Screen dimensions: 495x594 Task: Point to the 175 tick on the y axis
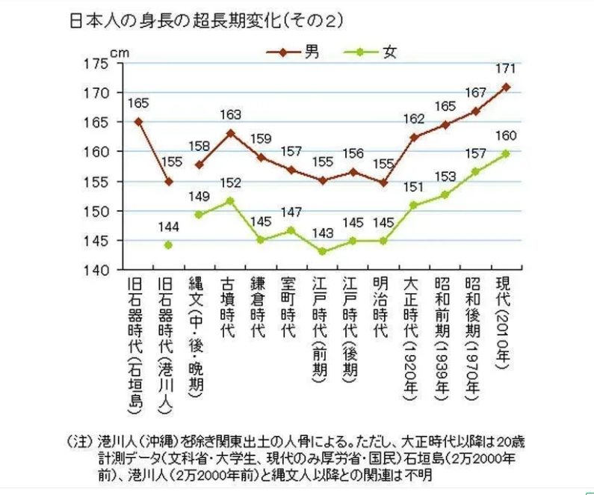pos(99,64)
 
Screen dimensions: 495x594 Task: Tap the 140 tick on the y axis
pos(99,269)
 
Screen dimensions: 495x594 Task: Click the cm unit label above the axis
pos(120,52)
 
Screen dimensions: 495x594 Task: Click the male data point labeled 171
pos(506,87)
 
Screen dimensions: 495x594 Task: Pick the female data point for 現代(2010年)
pos(506,153)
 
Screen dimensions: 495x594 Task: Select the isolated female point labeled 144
pos(168,245)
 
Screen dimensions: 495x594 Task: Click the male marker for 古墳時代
pos(230,133)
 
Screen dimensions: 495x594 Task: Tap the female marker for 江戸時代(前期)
pos(322,251)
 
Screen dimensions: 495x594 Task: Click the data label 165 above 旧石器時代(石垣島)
pos(138,102)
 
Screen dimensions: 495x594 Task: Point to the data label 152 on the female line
pos(230,184)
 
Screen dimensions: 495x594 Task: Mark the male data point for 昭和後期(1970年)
pos(475,111)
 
